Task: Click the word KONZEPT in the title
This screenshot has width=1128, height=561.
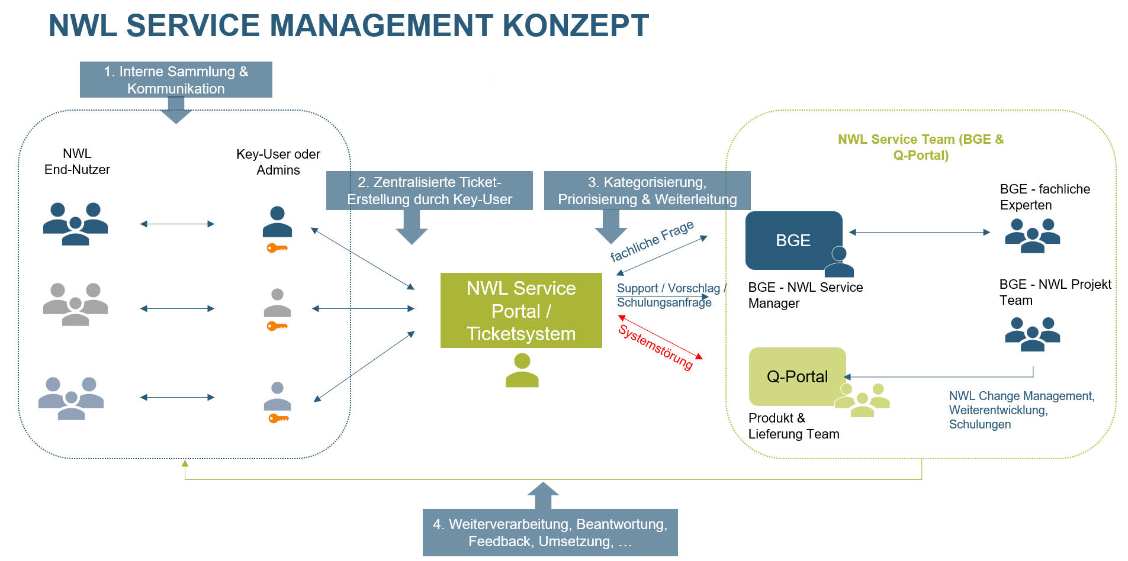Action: [x=576, y=25]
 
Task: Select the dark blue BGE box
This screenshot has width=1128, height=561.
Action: [x=793, y=240]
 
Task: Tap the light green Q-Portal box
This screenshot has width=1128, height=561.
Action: [x=796, y=376]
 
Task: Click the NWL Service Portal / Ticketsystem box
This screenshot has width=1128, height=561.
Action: [x=521, y=311]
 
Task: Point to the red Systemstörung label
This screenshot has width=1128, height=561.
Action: [x=655, y=347]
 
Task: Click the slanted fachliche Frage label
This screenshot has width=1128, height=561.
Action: [x=652, y=241]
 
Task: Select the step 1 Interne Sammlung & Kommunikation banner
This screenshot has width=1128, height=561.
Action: [x=176, y=80]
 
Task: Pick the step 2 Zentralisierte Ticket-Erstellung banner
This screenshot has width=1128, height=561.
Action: [x=429, y=191]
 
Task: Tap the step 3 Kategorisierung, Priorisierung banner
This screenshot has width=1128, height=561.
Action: [x=647, y=191]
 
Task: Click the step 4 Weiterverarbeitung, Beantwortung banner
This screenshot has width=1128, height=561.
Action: [x=550, y=533]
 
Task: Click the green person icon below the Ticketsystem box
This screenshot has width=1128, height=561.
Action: [x=522, y=370]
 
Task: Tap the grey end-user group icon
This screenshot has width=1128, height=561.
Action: [x=75, y=304]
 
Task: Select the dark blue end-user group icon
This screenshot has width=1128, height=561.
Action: [x=75, y=223]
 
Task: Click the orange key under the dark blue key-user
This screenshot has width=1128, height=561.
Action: [x=277, y=248]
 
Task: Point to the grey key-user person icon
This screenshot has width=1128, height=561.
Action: [x=277, y=302]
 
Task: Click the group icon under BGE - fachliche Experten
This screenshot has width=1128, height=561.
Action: [x=1032, y=236]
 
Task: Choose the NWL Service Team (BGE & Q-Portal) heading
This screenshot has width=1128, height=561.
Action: [x=921, y=147]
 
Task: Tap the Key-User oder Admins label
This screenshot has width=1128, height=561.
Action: [x=278, y=162]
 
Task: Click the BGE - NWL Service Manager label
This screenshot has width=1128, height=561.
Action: [x=805, y=295]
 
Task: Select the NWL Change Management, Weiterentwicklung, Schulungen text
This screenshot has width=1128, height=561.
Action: [x=1021, y=410]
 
